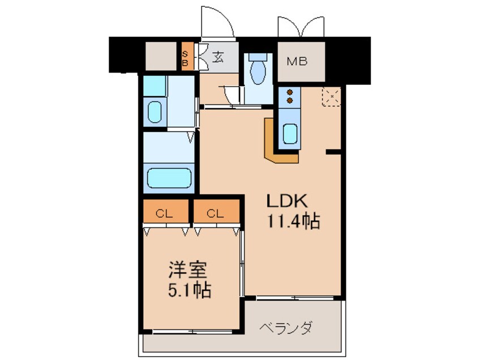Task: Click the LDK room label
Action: coord(286,201)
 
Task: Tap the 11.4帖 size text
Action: coord(293,221)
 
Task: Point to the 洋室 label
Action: coord(188,269)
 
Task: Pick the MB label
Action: coord(297,62)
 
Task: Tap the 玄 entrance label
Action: coord(218,57)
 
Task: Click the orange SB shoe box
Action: coord(187,56)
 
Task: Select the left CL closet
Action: coord(165,211)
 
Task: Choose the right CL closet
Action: coord(216,211)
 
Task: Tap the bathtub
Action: coord(169,178)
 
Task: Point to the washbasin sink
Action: coord(155,112)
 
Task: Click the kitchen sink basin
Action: coord(290,134)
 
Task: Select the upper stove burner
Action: coord(289,92)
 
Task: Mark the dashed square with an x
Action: coord(331,97)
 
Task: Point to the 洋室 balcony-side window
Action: coord(193,332)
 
